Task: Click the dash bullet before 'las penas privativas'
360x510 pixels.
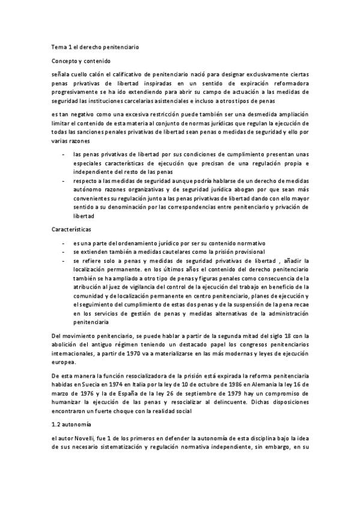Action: pyautogui.click(x=63, y=154)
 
